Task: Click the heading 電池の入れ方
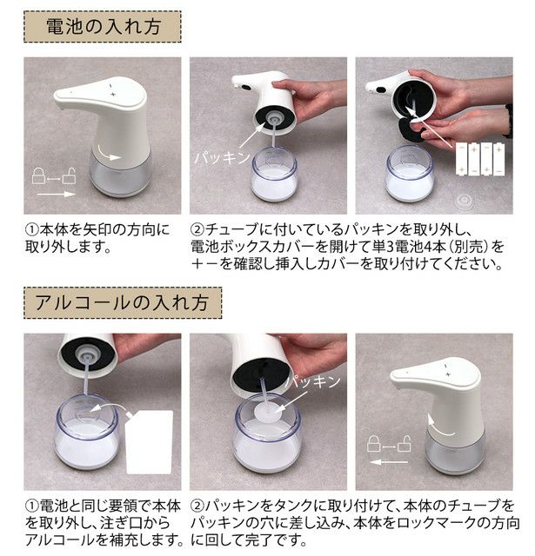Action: click(x=104, y=27)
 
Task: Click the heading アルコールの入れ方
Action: click(x=122, y=303)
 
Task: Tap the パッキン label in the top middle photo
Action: click(x=222, y=157)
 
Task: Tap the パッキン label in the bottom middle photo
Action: click(x=313, y=381)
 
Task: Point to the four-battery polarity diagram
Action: click(x=479, y=158)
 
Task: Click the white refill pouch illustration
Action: click(x=149, y=442)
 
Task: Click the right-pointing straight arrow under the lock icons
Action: click(x=56, y=194)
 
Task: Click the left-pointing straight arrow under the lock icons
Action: click(x=388, y=461)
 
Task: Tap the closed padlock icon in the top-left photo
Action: click(x=38, y=175)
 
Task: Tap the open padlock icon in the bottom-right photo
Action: click(x=405, y=443)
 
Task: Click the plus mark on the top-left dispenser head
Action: click(x=113, y=94)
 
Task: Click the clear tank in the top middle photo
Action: click(x=273, y=175)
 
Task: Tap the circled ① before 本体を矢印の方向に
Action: click(x=31, y=230)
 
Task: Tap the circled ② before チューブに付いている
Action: click(x=197, y=230)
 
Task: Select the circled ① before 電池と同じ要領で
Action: click(x=31, y=506)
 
